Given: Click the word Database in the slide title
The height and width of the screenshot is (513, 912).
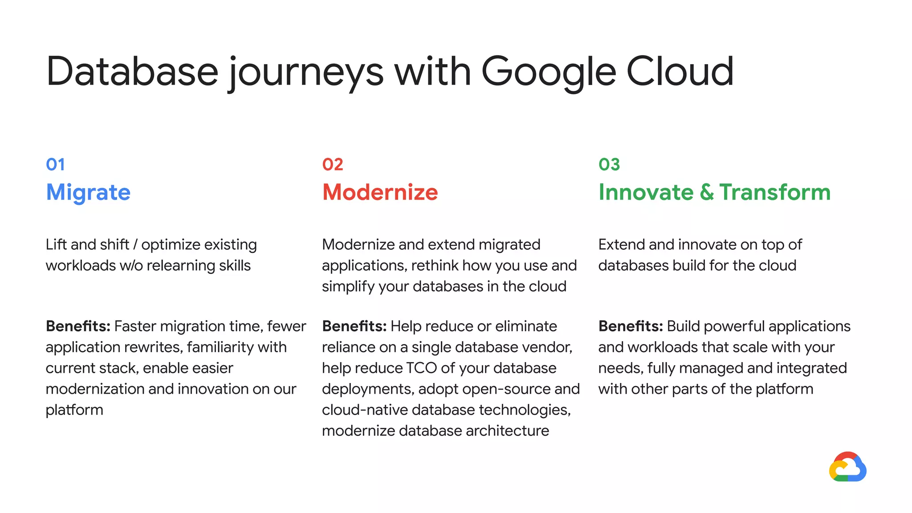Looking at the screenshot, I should tap(132, 71).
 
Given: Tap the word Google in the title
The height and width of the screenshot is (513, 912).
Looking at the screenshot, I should tap(549, 71).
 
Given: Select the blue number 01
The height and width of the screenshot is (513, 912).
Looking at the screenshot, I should tap(55, 165).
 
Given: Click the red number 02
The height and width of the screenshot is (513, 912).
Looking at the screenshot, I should tap(333, 165).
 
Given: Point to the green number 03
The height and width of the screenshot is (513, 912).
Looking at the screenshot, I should tap(609, 165).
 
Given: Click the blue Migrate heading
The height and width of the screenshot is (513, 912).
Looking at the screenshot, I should tap(88, 192).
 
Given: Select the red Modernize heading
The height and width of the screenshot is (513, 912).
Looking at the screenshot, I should tap(380, 192).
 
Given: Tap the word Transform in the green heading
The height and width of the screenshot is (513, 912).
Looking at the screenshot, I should tap(775, 192).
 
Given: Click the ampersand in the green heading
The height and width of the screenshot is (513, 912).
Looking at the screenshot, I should tap(706, 192).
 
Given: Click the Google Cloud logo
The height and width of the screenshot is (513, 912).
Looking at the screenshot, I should tap(847, 467).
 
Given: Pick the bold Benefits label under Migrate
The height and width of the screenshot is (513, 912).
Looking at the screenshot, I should tap(78, 326).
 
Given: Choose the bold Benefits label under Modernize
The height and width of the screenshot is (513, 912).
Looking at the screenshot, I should tap(354, 326).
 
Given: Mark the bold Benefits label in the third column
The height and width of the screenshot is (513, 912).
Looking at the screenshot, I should tap(631, 326).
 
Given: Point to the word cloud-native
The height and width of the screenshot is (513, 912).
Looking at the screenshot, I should tap(365, 410).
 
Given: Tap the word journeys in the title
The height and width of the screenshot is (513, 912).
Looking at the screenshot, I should tap(306, 71).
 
